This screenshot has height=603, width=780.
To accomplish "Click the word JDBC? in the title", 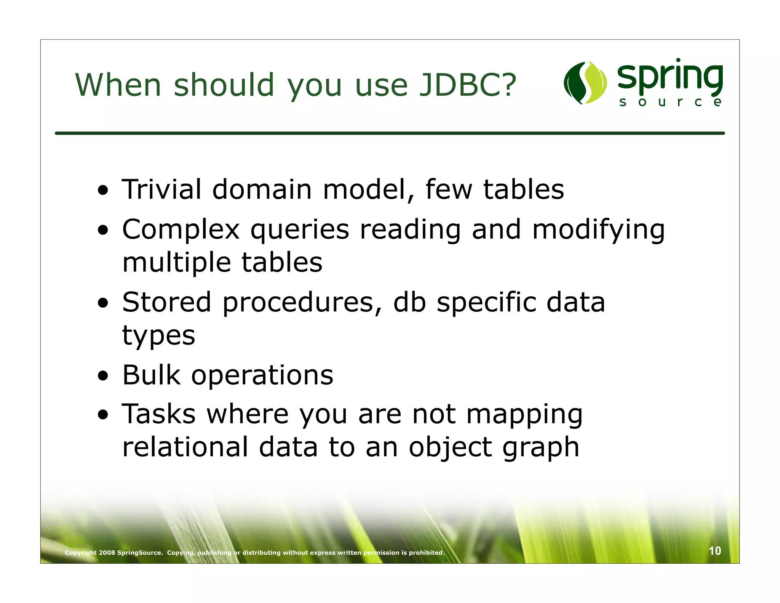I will coord(467,85).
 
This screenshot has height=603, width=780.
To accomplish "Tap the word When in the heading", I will coord(118,85).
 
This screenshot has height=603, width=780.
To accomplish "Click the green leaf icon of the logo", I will coord(585,83).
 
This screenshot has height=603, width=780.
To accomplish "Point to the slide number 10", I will coord(714,551).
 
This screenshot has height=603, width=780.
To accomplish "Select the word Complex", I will coord(181,230).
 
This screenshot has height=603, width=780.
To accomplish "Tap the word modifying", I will coord(598,231).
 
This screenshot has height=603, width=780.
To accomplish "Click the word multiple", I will coord(176,263).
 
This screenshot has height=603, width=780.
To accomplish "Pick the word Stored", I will coord(166,302).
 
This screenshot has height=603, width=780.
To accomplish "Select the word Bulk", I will coord(151,375).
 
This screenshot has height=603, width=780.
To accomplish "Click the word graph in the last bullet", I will coord(541,448).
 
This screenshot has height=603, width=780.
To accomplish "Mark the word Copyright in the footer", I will coord(81,553).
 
